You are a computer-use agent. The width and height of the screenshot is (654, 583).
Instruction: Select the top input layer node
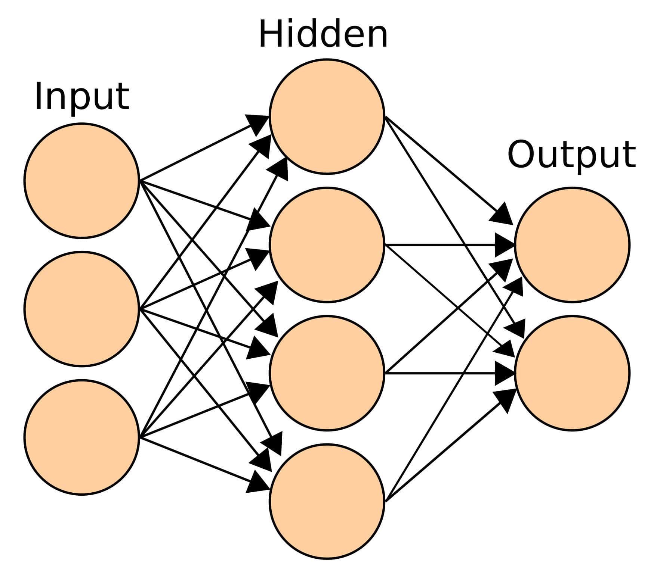coord(81,181)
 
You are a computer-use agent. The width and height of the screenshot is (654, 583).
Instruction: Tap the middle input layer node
coord(81,309)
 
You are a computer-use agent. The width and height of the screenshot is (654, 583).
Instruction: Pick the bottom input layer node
coord(81,437)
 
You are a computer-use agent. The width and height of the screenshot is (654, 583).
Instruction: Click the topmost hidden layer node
coord(327,116)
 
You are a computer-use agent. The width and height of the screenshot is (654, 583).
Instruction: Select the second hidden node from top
coord(327,245)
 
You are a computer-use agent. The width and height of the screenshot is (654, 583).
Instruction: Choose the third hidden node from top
coord(327,373)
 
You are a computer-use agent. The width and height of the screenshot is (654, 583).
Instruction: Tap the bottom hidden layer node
coord(327,501)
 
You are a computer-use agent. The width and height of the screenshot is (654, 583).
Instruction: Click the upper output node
coord(572,245)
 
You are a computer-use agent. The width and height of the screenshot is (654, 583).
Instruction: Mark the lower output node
coord(572,373)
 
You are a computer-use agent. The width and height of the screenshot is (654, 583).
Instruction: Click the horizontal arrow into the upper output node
coord(448,245)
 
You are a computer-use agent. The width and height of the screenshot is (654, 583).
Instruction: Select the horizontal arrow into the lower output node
coord(448,373)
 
